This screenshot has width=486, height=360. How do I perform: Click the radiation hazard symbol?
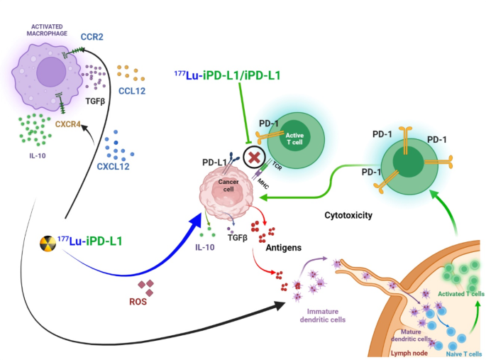[48, 244]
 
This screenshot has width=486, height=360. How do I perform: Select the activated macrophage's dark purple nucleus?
[50, 73]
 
